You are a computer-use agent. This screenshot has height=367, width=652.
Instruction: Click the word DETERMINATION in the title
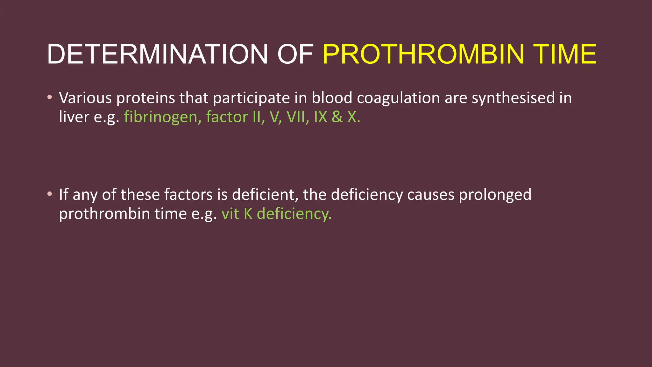pos(157,54)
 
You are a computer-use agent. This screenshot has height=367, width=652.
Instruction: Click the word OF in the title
pos(295,54)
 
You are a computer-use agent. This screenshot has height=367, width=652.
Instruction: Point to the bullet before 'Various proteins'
pos(49,97)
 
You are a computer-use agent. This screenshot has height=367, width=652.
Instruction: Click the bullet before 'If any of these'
pos(49,194)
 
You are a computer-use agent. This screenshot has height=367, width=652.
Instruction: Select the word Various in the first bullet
pos(85,98)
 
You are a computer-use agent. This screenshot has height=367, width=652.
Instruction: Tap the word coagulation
pos(398,98)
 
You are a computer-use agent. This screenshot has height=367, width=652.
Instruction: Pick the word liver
pos(74,117)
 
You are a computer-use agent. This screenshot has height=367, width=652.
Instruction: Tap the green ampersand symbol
pos(337,117)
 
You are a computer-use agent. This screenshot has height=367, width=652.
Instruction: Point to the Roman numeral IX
pos(320,117)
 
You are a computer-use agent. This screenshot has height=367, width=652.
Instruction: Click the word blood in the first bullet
pos(332,98)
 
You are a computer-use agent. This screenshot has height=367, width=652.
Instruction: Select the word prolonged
pos(495,195)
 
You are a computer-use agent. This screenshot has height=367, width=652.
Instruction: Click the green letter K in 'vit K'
pos(248,214)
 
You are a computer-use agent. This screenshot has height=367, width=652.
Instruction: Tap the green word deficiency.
pos(294,214)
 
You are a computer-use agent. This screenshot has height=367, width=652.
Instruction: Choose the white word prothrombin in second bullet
pos(104,214)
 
